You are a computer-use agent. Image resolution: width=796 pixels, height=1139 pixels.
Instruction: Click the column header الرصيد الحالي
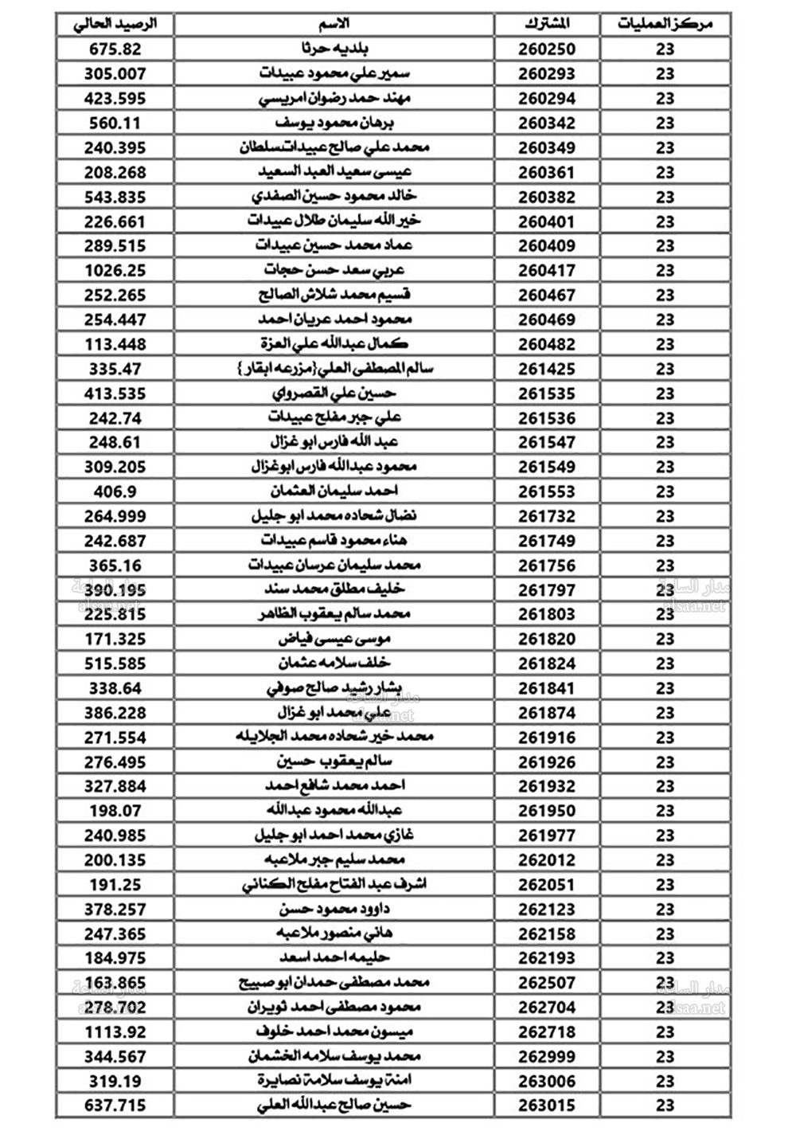pyautogui.click(x=115, y=24)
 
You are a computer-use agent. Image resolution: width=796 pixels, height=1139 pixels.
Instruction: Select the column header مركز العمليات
pyautogui.click(x=665, y=24)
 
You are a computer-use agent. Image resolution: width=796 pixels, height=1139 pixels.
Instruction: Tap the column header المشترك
pyautogui.click(x=547, y=24)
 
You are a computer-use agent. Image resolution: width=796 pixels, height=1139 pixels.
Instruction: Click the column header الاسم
pyautogui.click(x=334, y=24)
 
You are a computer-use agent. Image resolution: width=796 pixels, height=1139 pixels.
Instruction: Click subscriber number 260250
pyautogui.click(x=547, y=49)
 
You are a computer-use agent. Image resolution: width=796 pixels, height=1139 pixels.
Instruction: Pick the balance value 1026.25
pyautogui.click(x=115, y=270)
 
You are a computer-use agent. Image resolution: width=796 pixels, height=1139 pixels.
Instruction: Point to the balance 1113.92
pyautogui.click(x=115, y=1031)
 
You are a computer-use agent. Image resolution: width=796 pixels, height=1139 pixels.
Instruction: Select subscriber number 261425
pyautogui.click(x=547, y=369)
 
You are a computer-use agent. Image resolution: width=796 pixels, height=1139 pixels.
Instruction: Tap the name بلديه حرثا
pyautogui.click(x=334, y=49)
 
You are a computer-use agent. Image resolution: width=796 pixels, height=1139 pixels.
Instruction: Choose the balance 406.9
pyautogui.click(x=115, y=491)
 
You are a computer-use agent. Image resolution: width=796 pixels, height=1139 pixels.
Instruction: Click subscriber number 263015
pyautogui.click(x=547, y=1106)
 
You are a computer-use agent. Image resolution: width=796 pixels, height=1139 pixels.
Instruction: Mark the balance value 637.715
pyautogui.click(x=115, y=1106)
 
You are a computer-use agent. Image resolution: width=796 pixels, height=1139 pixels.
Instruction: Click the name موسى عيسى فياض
pyautogui.click(x=334, y=639)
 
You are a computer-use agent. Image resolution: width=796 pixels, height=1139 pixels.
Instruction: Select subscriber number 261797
pyautogui.click(x=547, y=589)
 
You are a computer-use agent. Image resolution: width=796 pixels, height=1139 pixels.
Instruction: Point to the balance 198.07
pyautogui.click(x=115, y=811)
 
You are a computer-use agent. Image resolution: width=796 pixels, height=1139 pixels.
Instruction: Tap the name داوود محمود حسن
pyautogui.click(x=334, y=909)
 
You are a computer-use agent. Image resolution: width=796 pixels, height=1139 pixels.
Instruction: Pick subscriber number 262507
pyautogui.click(x=547, y=983)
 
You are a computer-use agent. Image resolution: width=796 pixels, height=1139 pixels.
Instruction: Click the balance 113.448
pyautogui.click(x=115, y=344)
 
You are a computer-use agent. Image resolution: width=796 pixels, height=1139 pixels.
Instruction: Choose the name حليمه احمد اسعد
pyautogui.click(x=334, y=958)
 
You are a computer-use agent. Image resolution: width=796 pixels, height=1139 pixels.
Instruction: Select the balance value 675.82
pyautogui.click(x=115, y=49)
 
